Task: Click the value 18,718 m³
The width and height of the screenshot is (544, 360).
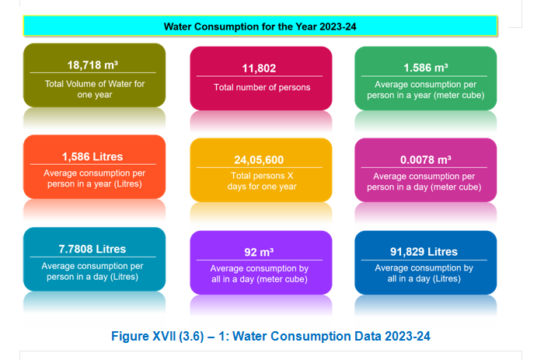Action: click(x=94, y=65)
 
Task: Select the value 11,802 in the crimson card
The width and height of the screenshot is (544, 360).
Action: click(x=259, y=68)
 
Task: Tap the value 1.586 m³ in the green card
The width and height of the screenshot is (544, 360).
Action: click(x=426, y=68)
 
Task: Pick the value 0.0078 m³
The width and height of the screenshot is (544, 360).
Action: click(x=424, y=159)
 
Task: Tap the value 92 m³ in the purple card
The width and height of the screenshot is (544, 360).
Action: click(x=260, y=252)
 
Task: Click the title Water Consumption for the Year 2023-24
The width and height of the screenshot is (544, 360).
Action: click(x=260, y=26)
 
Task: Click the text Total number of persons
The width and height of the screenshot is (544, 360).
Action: click(x=262, y=87)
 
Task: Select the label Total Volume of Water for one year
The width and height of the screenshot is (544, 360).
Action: click(x=94, y=89)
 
